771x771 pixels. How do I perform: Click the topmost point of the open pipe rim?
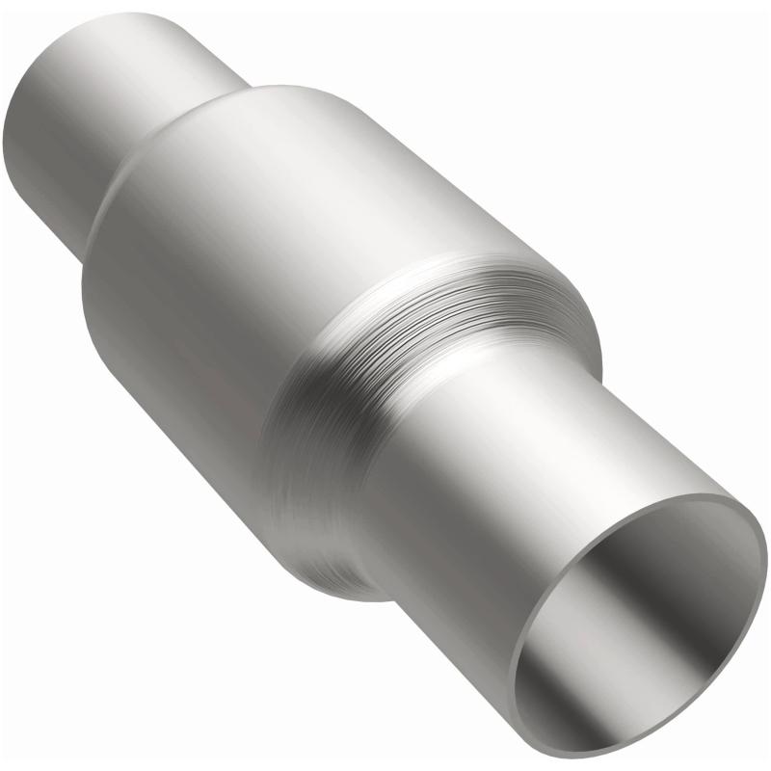[718, 495]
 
